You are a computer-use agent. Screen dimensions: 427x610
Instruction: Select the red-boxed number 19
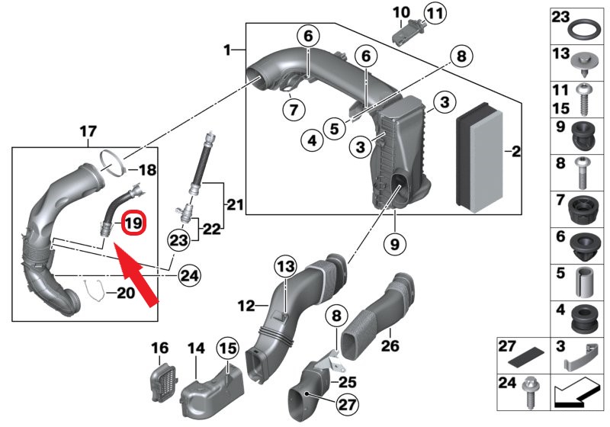pos(133,223)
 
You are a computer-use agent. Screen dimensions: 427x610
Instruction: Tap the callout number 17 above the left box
pos(88,131)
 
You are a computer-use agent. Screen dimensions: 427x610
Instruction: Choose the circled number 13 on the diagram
pos(284,266)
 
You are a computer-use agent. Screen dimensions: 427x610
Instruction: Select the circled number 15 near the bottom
pos(228,348)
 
